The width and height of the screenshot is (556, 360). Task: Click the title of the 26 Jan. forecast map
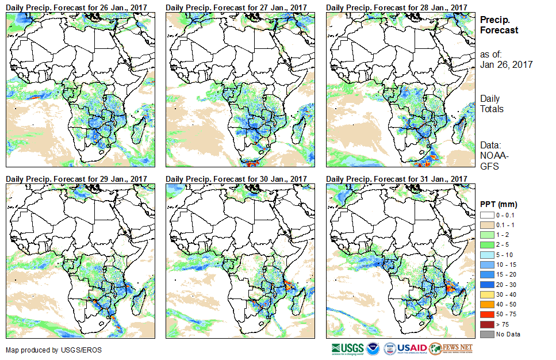pyautogui.click(x=76, y=7)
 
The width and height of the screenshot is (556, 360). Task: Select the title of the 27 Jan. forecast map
pyautogui.click(x=236, y=7)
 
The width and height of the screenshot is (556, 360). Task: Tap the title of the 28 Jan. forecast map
pyautogui.click(x=396, y=7)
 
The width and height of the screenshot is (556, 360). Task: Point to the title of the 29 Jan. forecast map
pyautogui.click(x=76, y=179)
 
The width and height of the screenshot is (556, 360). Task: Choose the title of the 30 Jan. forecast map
pyautogui.click(x=236, y=179)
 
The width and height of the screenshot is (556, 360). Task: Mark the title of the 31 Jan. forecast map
pyautogui.click(x=396, y=179)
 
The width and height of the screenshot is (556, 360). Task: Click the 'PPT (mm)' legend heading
pyautogui.click(x=499, y=204)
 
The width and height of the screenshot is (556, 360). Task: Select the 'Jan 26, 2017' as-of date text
pyautogui.click(x=506, y=64)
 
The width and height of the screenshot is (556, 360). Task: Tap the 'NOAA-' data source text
pyautogui.click(x=493, y=156)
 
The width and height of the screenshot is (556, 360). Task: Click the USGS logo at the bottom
pyautogui.click(x=347, y=349)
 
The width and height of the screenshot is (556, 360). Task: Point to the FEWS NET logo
pyautogui.click(x=451, y=349)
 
